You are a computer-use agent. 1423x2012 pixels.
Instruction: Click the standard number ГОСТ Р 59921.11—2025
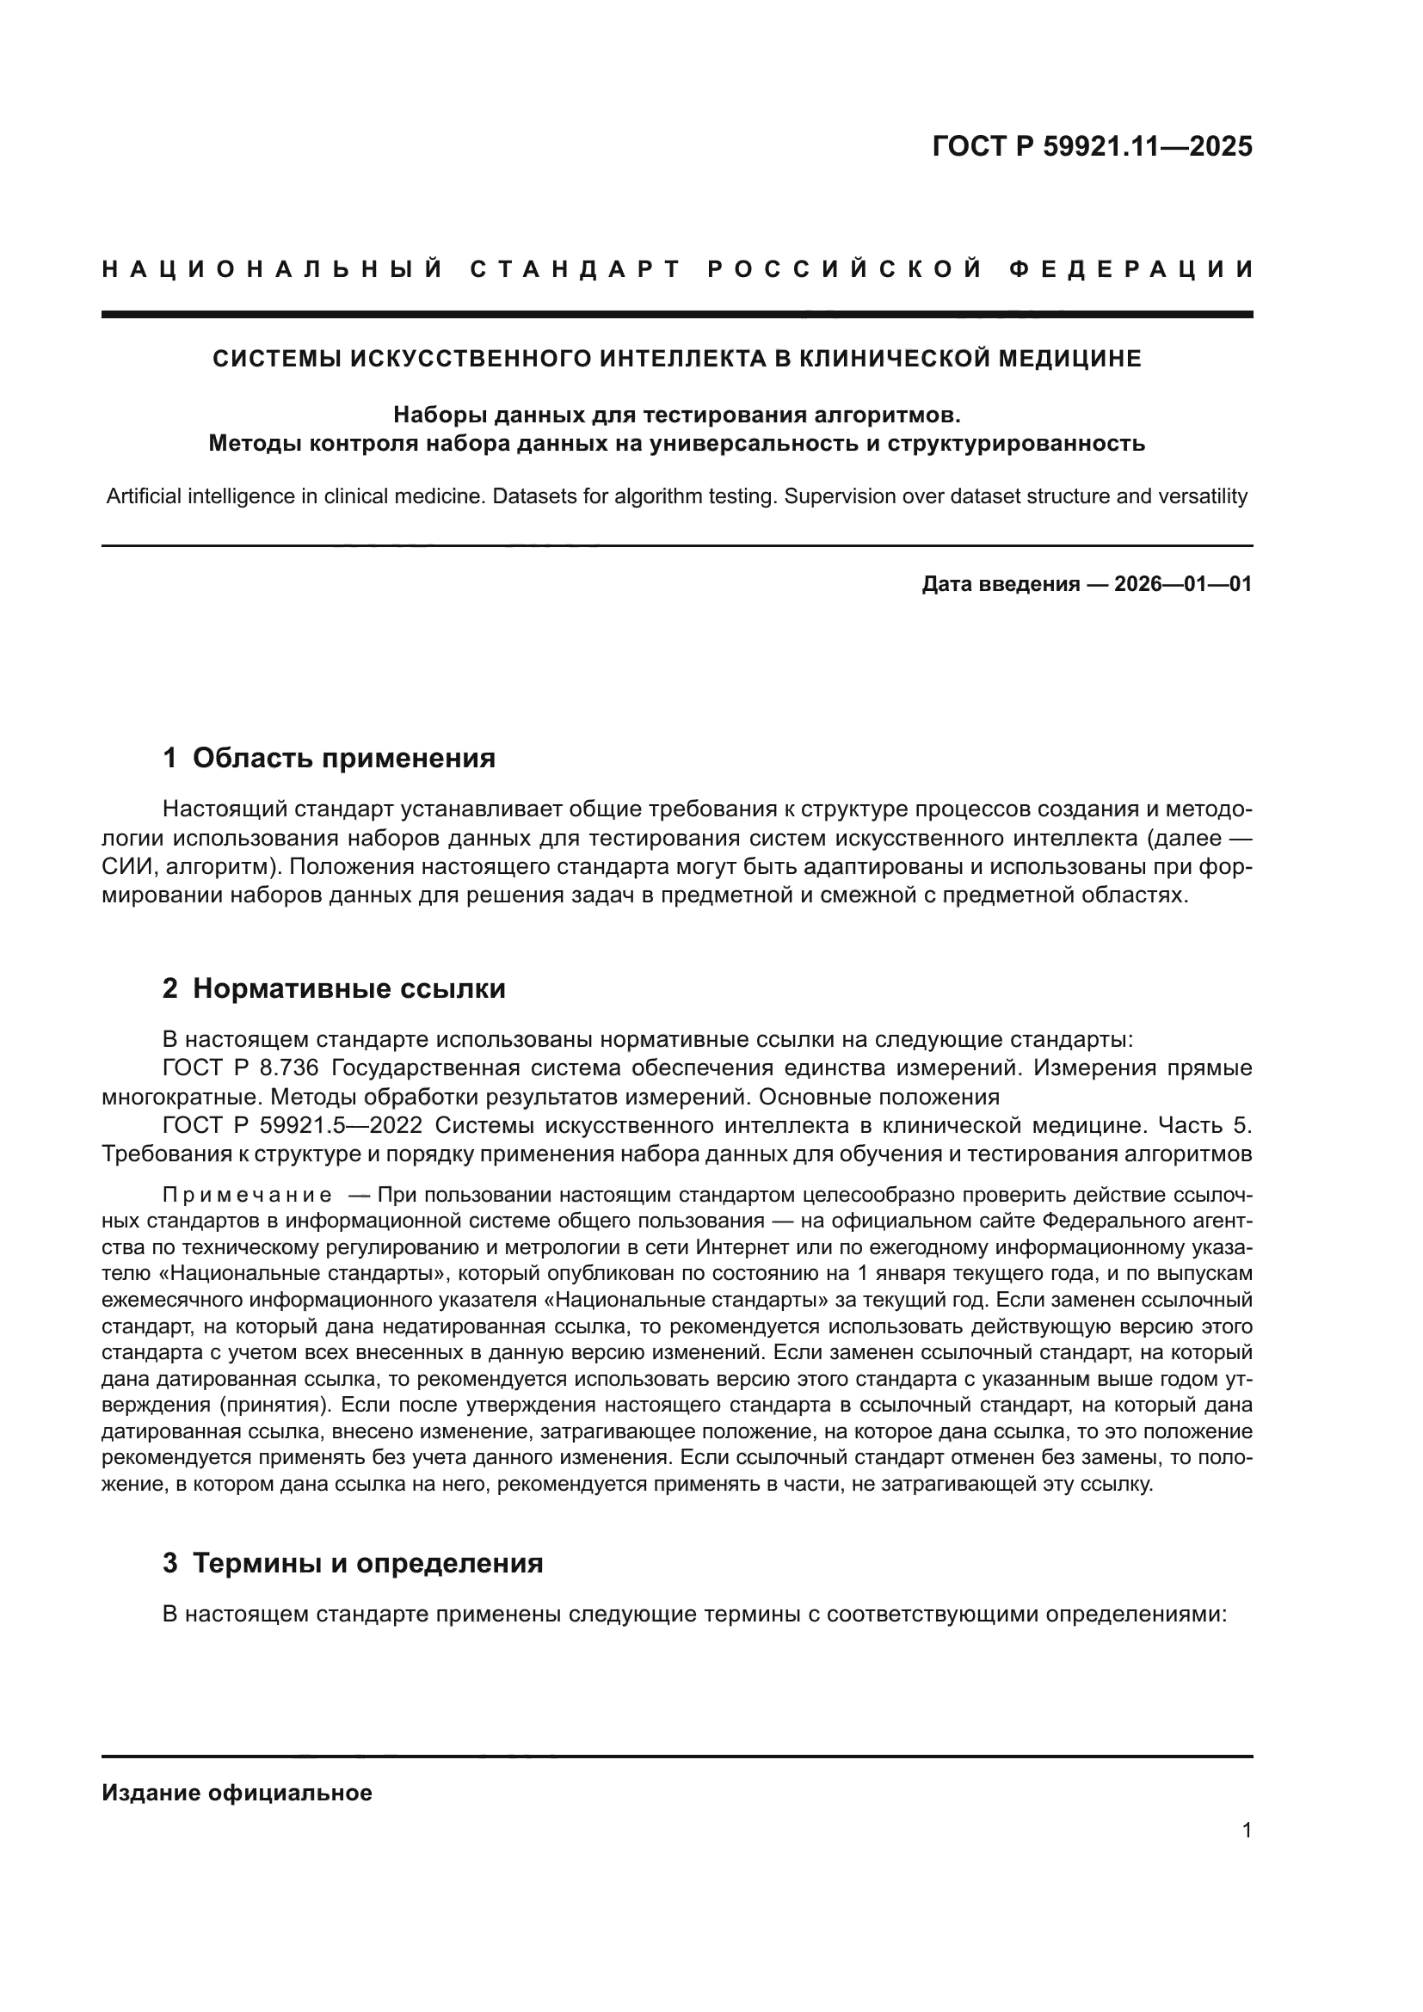click(x=1092, y=146)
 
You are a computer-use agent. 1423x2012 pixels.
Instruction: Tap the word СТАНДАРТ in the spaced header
click(x=576, y=269)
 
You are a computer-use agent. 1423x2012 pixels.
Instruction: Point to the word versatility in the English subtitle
click(x=1199, y=497)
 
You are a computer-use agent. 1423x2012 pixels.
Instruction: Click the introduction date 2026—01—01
click(x=1183, y=584)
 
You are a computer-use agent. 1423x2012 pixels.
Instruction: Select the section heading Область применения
click(x=343, y=758)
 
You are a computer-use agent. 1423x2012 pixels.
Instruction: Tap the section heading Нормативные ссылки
click(x=348, y=988)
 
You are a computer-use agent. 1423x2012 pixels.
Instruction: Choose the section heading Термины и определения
click(x=367, y=1563)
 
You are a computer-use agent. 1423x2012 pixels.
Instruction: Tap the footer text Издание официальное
click(x=237, y=1793)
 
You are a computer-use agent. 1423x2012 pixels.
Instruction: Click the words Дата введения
click(x=1000, y=584)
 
